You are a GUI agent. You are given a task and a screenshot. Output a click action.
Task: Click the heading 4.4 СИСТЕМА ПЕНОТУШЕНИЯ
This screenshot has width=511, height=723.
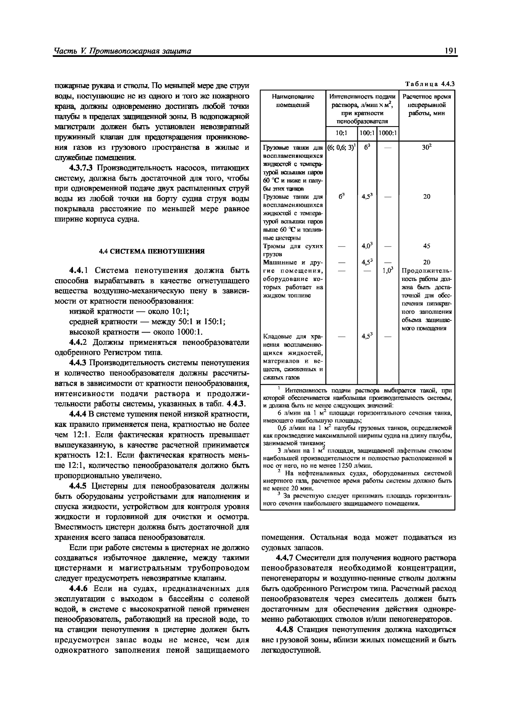pos(152,251)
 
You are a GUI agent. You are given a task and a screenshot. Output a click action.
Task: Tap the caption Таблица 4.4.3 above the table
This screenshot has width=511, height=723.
pos(430,84)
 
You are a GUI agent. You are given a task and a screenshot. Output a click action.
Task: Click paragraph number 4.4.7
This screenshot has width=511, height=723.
pos(284,558)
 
